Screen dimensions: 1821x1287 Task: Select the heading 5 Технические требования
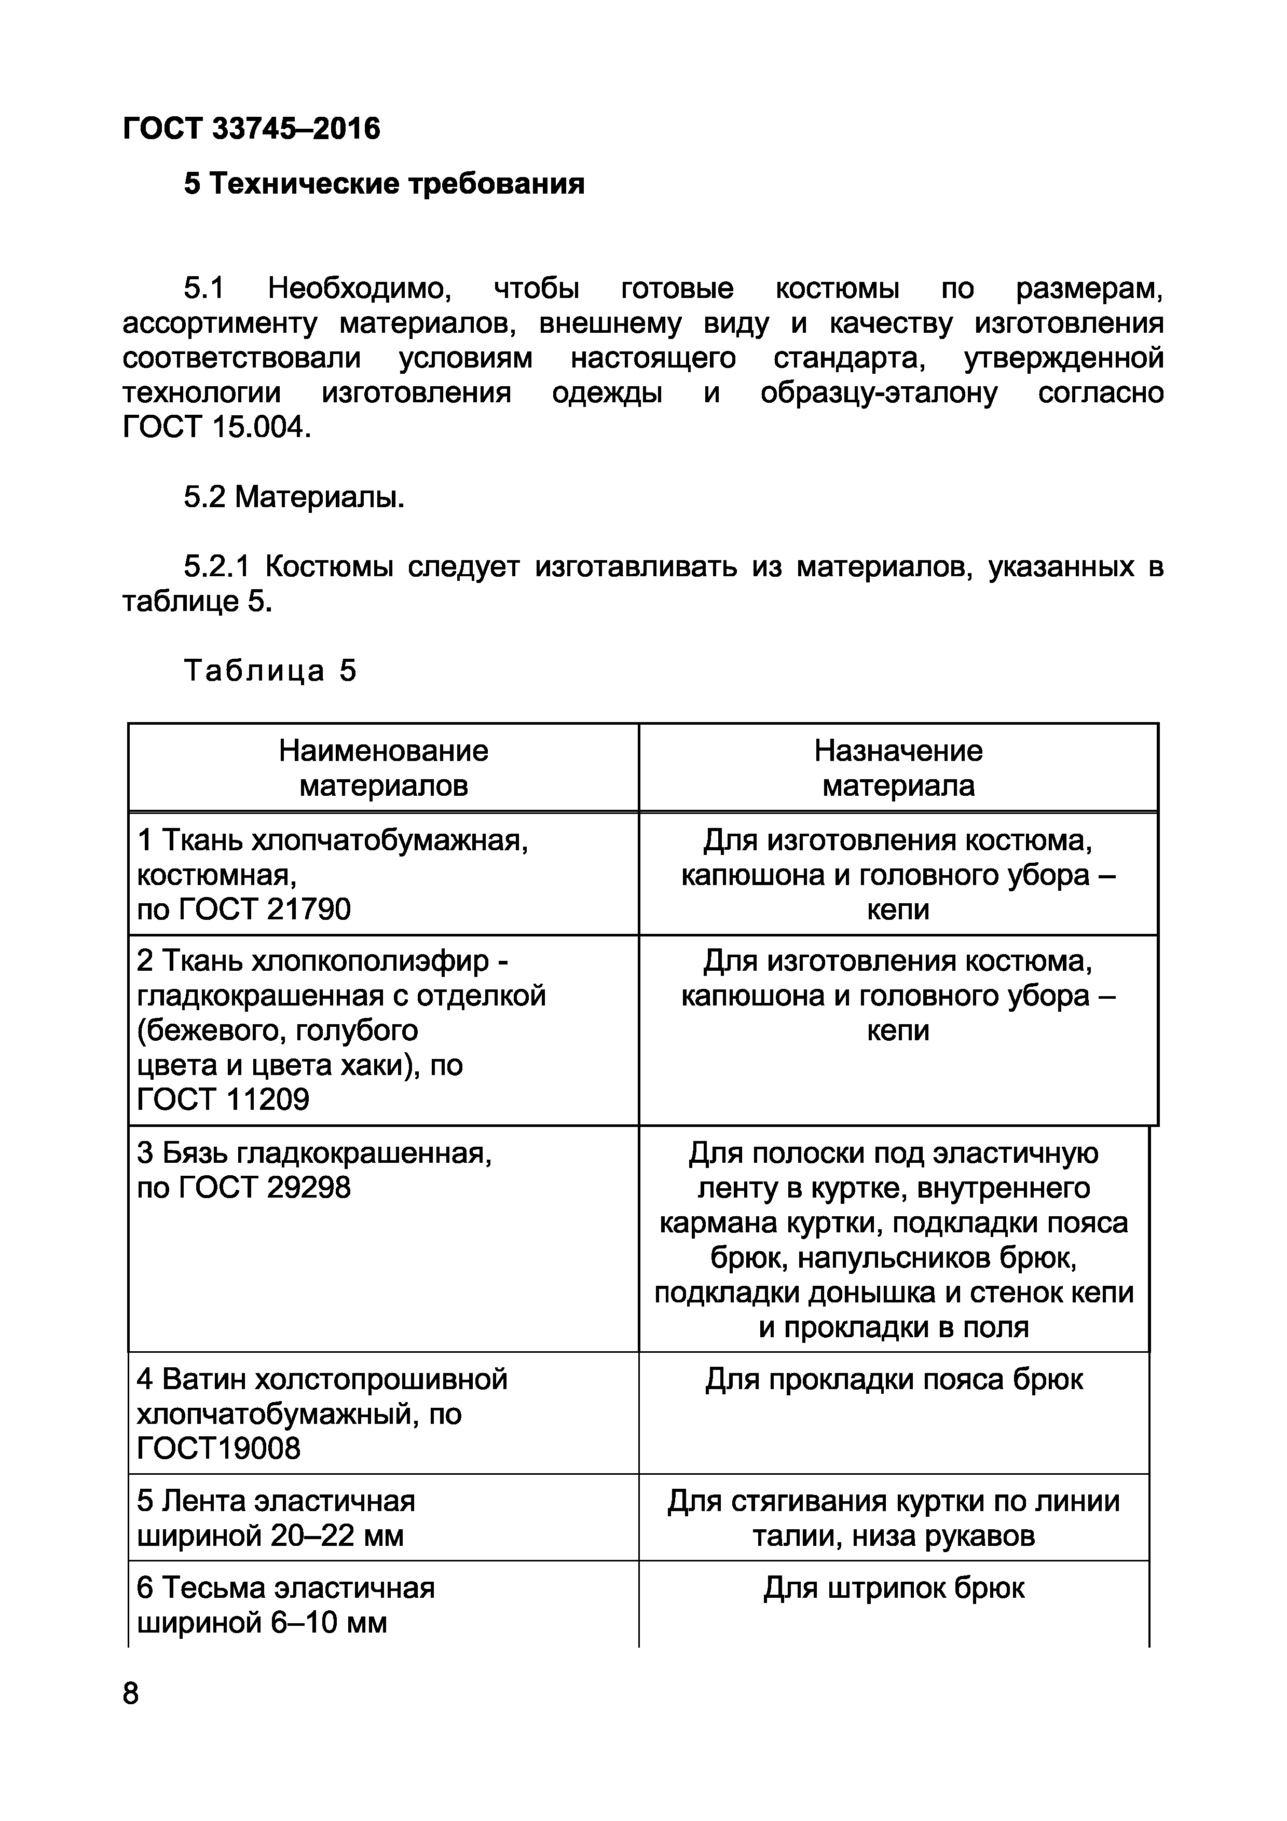click(x=384, y=184)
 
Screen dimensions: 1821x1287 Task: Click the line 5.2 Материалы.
click(x=294, y=497)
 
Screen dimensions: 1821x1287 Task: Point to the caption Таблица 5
click(x=270, y=671)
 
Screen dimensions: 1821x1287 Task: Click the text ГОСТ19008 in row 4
click(x=219, y=1448)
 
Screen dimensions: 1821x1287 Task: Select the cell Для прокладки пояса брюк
click(x=894, y=1379)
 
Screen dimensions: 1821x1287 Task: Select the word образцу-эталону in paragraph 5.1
click(x=878, y=393)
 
